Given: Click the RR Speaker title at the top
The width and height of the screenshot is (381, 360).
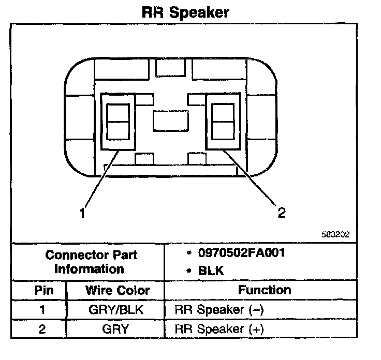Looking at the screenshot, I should point(185,12).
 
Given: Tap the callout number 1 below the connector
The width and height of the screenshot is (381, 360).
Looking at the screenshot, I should point(82,212).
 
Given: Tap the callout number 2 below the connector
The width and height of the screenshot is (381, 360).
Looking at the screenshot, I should point(282,212).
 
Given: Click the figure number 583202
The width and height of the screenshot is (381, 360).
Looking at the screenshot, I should point(335,234).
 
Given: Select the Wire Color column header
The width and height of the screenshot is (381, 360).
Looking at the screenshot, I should point(117,290).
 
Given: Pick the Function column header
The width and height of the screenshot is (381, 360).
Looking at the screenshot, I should point(265,290).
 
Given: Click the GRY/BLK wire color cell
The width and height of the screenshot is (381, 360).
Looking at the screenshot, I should point(117,310).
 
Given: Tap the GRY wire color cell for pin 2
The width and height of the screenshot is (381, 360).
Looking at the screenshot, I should point(117,328).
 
